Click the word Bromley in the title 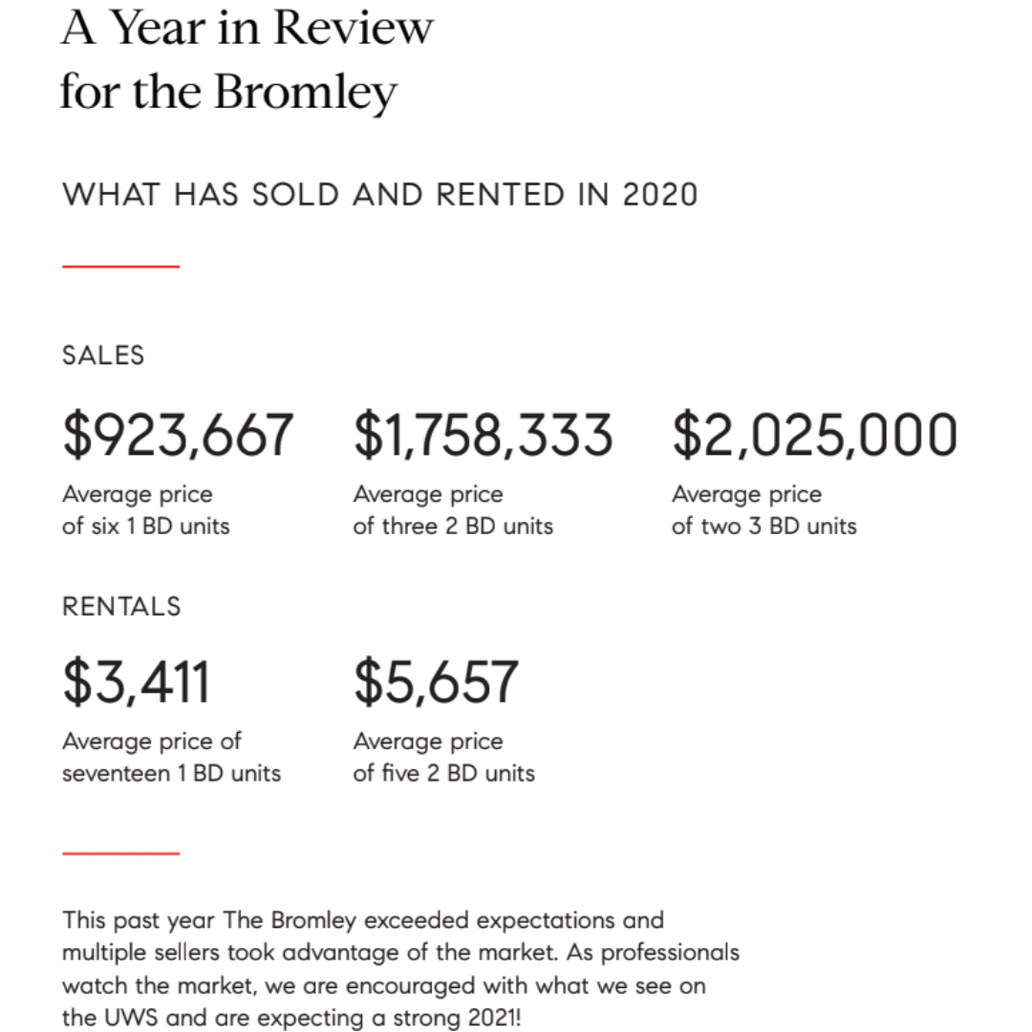point(305,93)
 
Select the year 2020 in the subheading point(660,195)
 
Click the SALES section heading point(103,355)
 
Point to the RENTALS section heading point(121,606)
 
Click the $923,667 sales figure point(178,435)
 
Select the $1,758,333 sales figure point(483,435)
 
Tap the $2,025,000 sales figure point(814,435)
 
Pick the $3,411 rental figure point(136,682)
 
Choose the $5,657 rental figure point(436,682)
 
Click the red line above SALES point(121,267)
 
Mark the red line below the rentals point(121,852)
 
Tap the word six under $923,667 point(106,526)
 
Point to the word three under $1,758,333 point(409,526)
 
